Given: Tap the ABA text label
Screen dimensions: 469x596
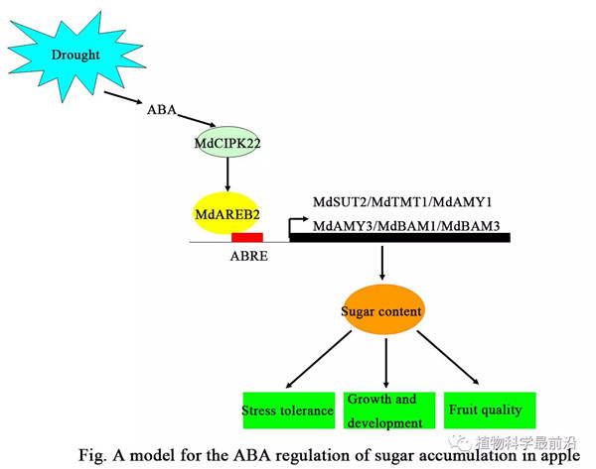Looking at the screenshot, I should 161,109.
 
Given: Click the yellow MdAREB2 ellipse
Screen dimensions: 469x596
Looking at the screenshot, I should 226,212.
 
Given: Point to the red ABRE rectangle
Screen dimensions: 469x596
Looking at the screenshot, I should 246,238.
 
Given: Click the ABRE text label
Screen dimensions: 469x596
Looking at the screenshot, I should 247,256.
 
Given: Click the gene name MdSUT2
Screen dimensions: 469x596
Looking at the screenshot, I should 339,202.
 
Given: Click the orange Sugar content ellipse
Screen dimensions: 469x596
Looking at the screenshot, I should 382,310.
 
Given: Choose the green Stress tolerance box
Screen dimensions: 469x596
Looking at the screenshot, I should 287,410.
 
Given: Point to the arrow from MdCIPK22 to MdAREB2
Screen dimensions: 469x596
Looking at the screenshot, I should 227,176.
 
